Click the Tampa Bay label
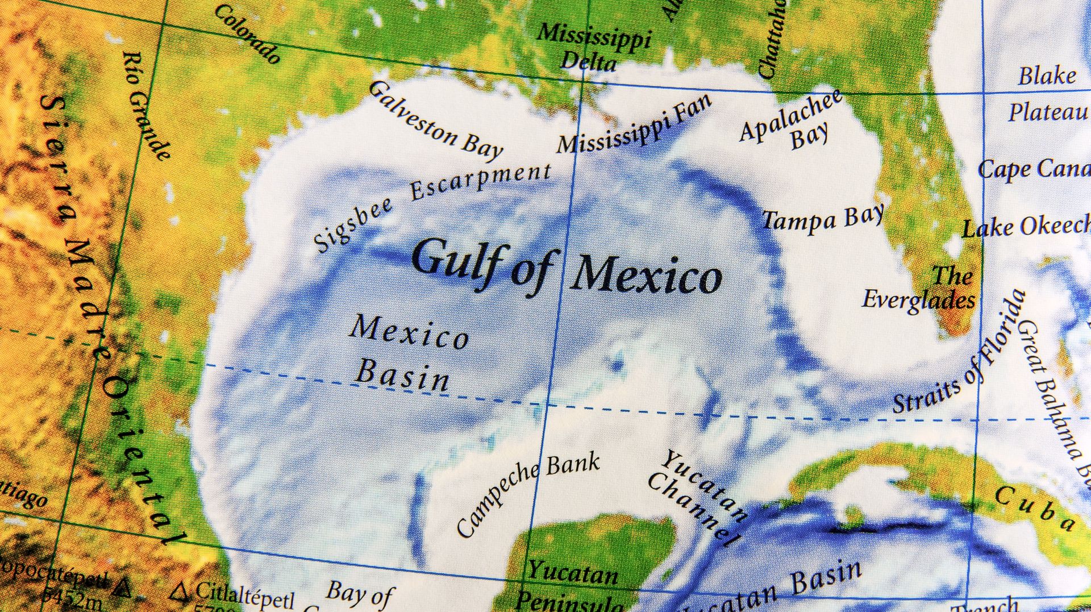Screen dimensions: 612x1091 coord(822,219)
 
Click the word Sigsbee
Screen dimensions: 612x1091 coord(353,224)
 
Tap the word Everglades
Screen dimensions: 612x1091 coord(918,300)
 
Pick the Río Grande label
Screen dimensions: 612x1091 coord(145,105)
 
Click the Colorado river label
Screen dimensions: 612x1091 coord(248,34)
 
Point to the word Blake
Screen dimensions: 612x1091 coord(1047,76)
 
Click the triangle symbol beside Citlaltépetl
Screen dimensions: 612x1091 coord(181,592)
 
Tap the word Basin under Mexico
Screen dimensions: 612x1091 coord(402,376)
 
